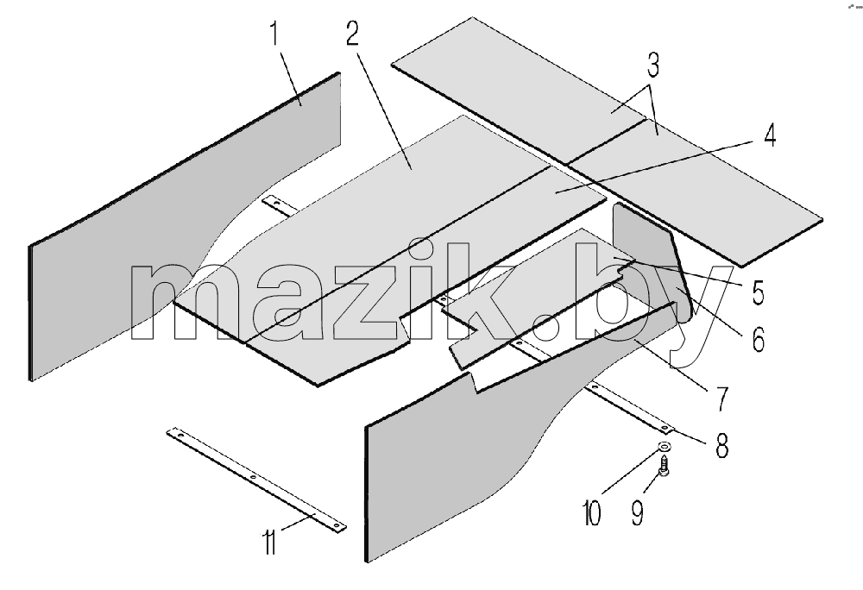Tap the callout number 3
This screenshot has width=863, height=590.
click(653, 65)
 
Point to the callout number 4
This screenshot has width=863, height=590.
click(770, 135)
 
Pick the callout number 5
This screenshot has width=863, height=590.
click(759, 292)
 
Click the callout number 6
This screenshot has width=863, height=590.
click(759, 339)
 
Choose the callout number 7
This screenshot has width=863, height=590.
click(721, 399)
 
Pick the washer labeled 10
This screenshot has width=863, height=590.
click(665, 445)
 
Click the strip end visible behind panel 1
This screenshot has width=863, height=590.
click(280, 205)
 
